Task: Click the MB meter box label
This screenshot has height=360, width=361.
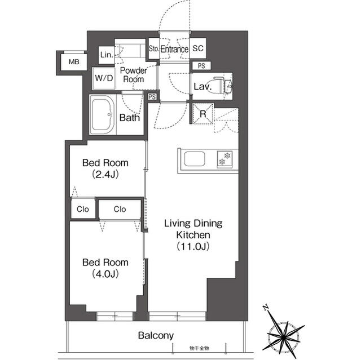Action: (74, 62)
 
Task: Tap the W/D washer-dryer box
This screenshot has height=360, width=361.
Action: (103, 78)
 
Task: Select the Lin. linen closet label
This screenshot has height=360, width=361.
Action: (106, 55)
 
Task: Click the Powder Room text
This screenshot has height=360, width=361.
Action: (133, 75)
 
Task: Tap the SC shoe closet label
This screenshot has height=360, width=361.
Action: (197, 49)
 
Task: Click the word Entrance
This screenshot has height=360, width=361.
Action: (174, 50)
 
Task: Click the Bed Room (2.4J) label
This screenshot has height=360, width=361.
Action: (105, 168)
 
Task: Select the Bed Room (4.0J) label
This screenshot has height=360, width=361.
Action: (105, 268)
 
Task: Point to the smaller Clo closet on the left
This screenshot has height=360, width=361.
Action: (82, 210)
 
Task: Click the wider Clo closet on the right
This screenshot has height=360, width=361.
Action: (120, 210)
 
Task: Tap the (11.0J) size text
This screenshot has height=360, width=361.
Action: (193, 246)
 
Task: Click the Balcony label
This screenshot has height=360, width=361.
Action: (156, 335)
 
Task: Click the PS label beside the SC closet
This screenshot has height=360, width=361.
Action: (201, 66)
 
